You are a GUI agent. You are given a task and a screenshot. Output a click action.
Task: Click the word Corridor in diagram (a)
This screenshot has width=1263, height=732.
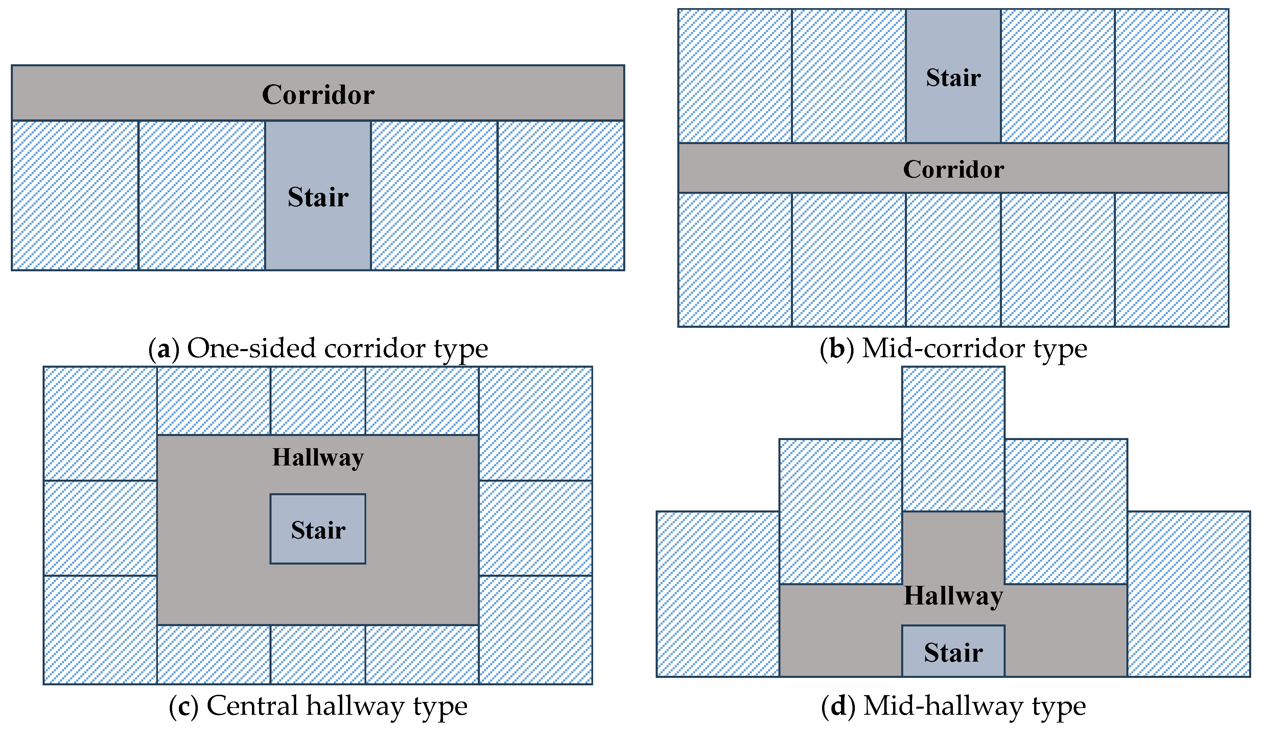click(318, 94)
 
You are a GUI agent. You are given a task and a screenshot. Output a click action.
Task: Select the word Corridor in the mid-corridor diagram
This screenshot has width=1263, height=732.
click(953, 169)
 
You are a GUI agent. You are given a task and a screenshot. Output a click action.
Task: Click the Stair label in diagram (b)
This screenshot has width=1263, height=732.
click(953, 78)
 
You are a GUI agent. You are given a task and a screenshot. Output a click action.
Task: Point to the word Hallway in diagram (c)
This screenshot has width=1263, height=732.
click(318, 458)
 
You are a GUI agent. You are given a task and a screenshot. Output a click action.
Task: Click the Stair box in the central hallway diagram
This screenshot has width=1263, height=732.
click(318, 529)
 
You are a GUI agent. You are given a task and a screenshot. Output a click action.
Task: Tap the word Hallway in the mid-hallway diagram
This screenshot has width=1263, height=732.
click(953, 596)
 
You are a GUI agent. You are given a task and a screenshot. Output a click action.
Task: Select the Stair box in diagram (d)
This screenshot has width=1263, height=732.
click(953, 652)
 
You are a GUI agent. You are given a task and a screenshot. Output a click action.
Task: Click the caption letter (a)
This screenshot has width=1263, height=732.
click(164, 348)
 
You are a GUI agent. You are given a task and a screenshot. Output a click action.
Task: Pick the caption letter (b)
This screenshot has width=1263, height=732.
click(837, 348)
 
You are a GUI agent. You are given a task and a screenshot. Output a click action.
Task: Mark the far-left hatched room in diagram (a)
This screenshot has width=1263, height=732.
click(75, 196)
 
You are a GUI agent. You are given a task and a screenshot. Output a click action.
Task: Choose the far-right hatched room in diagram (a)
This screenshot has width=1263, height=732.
click(561, 196)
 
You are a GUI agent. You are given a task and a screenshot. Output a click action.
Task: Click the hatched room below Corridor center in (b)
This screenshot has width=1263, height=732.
click(953, 260)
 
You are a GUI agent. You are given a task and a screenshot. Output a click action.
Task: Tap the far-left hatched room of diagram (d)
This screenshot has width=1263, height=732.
click(718, 594)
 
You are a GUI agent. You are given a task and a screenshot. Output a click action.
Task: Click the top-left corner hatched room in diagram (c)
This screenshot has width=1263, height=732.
click(100, 424)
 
